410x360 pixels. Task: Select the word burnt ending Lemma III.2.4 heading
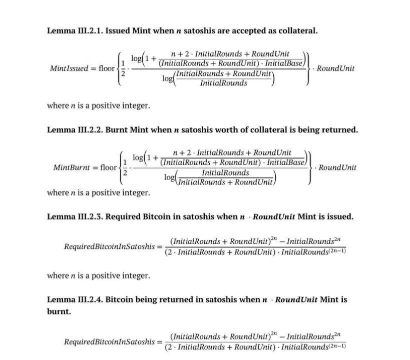tap(57, 311)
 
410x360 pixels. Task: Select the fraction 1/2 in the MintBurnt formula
tap(126, 167)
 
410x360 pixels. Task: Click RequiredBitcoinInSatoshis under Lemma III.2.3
tap(110, 246)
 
